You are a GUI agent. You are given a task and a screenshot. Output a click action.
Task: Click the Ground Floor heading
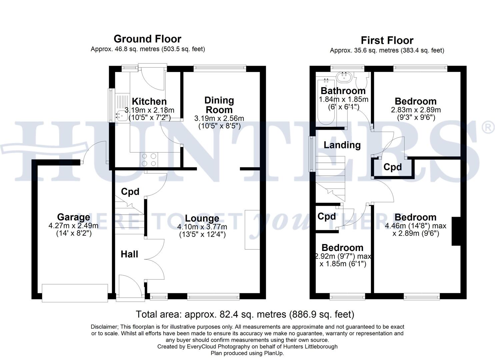point(147,39)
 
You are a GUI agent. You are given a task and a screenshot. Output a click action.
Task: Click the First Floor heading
point(387,41)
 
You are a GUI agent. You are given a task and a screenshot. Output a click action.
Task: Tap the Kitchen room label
point(149,101)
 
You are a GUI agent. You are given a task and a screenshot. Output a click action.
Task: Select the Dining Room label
point(219,105)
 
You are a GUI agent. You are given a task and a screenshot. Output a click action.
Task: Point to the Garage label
point(73,217)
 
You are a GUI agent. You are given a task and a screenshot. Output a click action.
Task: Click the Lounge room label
point(202,218)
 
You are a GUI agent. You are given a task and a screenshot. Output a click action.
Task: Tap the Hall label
point(129,254)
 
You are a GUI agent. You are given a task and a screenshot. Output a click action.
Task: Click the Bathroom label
point(343,91)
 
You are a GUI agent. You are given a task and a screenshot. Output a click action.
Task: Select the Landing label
point(342,145)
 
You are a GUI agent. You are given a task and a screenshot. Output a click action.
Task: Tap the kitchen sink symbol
point(120,116)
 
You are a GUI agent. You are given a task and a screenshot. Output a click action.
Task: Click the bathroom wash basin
point(343,78)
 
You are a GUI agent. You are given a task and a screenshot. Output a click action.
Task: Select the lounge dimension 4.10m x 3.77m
point(202,227)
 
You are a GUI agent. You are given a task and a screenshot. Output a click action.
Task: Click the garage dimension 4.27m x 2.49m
point(73,226)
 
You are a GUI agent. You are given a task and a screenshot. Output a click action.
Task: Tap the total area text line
point(245,314)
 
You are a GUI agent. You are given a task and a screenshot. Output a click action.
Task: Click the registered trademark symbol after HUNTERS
point(488,128)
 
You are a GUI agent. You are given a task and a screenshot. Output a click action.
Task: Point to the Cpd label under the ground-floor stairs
point(130,192)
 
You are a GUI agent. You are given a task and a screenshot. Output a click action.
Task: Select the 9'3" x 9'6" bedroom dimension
point(415,117)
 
